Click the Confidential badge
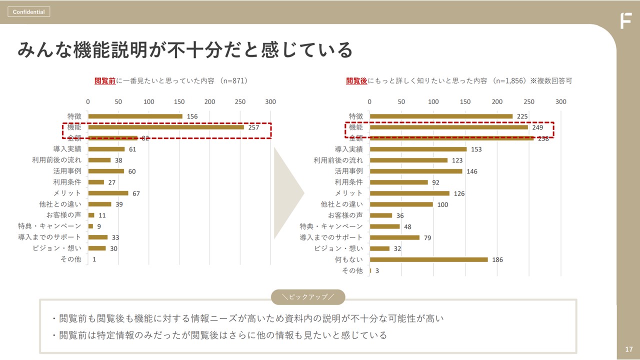[x=28, y=11]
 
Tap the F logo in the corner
[x=625, y=21]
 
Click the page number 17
[x=628, y=349]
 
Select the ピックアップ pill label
[x=308, y=297]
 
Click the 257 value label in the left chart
[x=253, y=127]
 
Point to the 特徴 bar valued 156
[x=135, y=116]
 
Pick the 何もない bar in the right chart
[x=428, y=259]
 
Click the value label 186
[x=497, y=260]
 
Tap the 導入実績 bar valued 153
[x=418, y=149]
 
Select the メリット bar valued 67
[x=108, y=193]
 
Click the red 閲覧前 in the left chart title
[x=105, y=80]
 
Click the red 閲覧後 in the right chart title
[x=357, y=80]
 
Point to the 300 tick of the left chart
[x=270, y=101]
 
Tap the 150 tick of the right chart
[x=465, y=101]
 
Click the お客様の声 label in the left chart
[x=67, y=215]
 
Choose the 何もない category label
[x=349, y=259]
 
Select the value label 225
[x=522, y=116]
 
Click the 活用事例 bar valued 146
[x=416, y=171]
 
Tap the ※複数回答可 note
[x=551, y=80]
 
